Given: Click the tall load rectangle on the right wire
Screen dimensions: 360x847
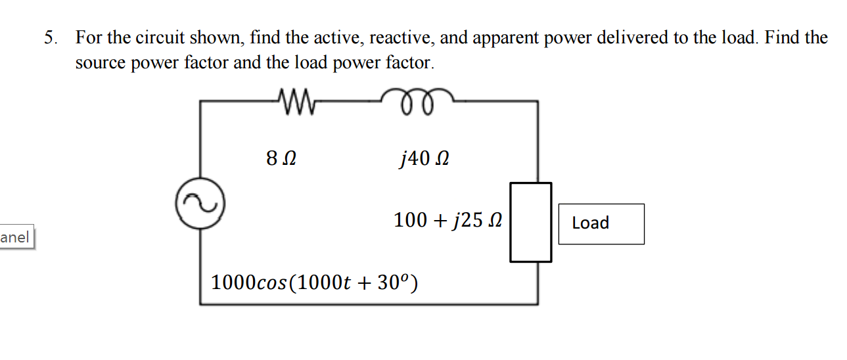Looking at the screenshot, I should (x=530, y=222).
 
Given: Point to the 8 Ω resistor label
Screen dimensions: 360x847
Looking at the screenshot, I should (x=281, y=158).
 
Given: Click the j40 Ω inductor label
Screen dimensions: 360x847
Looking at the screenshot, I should (x=424, y=158).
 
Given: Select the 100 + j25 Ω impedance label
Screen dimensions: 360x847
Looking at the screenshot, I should (x=447, y=220).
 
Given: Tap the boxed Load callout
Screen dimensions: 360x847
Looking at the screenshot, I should (x=601, y=223).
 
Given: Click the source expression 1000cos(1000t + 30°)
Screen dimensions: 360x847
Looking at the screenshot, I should (x=314, y=283).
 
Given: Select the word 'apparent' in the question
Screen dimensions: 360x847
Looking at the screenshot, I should (x=504, y=37).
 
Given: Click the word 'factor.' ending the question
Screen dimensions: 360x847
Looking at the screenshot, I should (x=410, y=63).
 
